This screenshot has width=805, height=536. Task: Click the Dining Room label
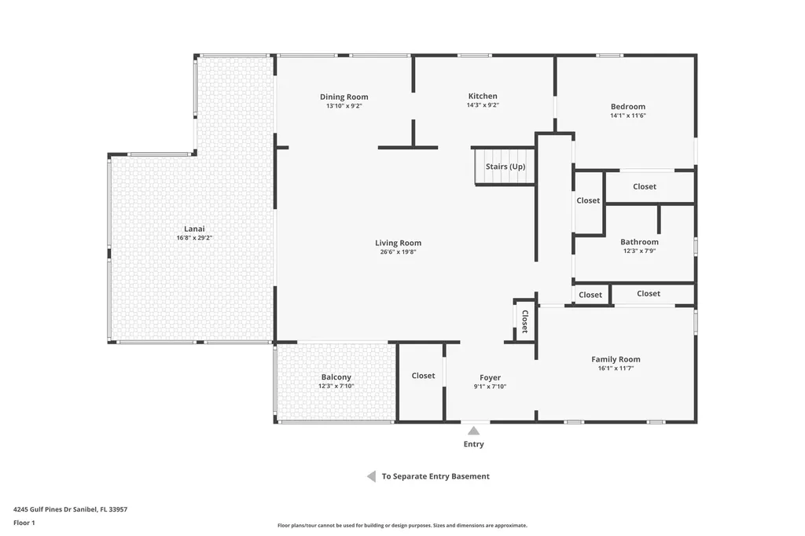344,97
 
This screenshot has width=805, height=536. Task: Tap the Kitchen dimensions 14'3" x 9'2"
483,105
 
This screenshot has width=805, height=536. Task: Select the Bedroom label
627,107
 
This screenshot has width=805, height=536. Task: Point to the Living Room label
398,243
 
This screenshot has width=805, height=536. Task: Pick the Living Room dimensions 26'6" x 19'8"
398,252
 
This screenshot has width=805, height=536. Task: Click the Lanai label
194,229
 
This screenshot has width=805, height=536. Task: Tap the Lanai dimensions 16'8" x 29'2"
194,237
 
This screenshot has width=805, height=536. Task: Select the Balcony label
336,377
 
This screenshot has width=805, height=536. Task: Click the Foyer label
490,378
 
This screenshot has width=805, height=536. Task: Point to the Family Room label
616,359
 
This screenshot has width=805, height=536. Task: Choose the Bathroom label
639,242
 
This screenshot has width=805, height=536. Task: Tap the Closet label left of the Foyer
423,376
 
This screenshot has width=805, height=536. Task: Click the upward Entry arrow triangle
473,430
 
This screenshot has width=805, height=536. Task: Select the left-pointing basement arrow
371,476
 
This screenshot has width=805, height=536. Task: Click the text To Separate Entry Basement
436,476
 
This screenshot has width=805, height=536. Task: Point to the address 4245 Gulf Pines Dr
70,509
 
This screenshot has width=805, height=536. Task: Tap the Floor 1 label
24,523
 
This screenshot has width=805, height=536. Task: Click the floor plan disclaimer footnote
402,526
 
